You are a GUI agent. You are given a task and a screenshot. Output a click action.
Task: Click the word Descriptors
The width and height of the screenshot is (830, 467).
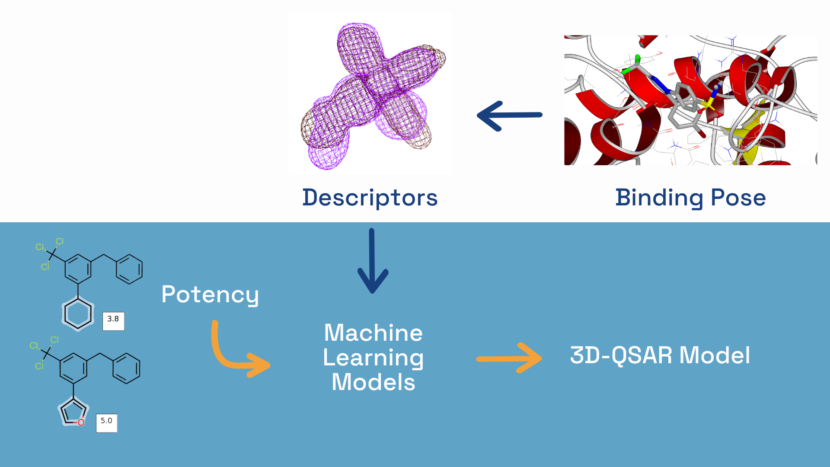click(x=370, y=198)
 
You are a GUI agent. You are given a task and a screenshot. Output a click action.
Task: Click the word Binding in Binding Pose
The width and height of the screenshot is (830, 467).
click(x=659, y=198)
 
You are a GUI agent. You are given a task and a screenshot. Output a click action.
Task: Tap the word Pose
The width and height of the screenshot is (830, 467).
click(x=738, y=198)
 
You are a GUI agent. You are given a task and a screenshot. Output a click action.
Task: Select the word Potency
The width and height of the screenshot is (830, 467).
click(x=210, y=295)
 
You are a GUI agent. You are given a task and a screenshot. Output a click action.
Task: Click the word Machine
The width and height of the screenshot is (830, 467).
click(x=373, y=333)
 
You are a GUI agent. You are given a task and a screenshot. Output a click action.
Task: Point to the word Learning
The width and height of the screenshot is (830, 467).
click(x=373, y=358)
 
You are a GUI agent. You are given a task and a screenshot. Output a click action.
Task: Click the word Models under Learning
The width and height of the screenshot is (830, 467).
click(x=373, y=382)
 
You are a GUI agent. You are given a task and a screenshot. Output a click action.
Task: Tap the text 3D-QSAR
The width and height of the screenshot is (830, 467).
click(x=621, y=355)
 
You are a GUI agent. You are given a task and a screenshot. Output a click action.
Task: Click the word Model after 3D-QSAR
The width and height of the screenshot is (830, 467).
click(x=715, y=355)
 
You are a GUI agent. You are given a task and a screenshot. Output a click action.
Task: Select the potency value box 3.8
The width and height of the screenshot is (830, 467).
click(x=113, y=321)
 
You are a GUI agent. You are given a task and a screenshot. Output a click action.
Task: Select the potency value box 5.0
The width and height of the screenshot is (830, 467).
click(x=106, y=422)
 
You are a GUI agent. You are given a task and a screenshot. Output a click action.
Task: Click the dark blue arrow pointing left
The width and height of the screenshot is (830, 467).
click(x=509, y=115)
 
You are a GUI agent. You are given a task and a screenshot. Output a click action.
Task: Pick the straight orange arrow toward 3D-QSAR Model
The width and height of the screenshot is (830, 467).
click(x=509, y=358)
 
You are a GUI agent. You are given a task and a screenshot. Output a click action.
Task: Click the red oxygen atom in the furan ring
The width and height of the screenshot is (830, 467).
click(x=81, y=422)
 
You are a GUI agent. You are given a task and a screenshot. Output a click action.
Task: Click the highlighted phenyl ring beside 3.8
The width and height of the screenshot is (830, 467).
click(x=78, y=314)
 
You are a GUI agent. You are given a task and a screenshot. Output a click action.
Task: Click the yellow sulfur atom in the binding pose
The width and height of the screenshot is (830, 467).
click(x=708, y=104)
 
